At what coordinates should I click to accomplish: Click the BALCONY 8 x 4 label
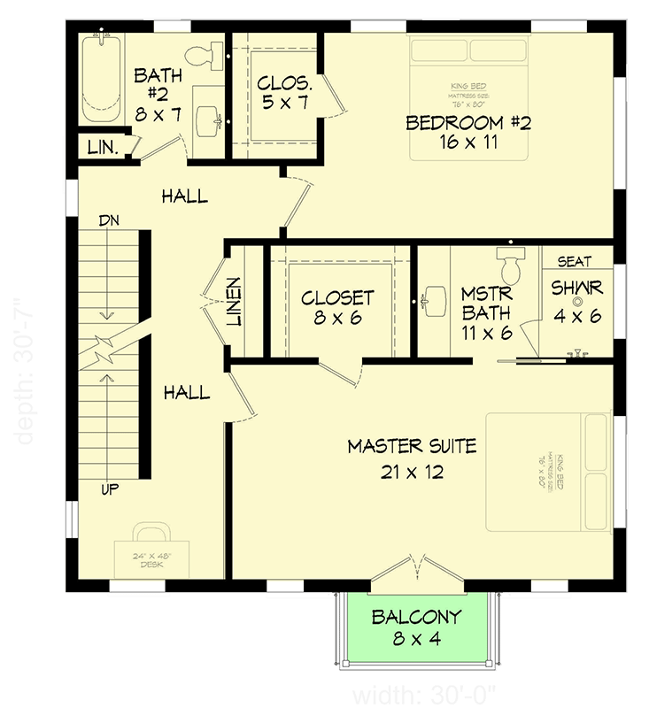(x=415, y=627)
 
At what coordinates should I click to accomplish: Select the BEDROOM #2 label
(x=467, y=132)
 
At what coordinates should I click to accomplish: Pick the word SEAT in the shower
(x=576, y=262)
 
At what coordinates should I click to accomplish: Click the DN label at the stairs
(x=110, y=219)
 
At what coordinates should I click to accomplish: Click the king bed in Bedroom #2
(x=468, y=96)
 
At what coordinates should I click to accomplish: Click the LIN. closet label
(x=103, y=148)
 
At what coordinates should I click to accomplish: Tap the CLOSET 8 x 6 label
(x=337, y=307)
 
